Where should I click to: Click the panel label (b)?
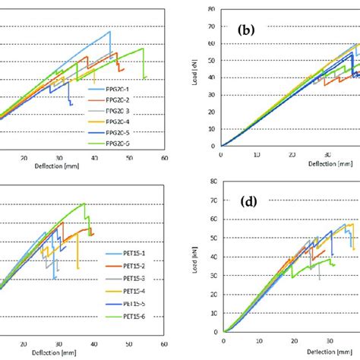click(x=247, y=31)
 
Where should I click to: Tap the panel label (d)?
click(x=246, y=202)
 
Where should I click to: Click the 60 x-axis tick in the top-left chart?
click(x=164, y=158)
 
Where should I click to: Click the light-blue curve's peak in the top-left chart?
click(x=110, y=32)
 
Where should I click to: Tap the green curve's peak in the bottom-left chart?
click(x=84, y=203)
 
